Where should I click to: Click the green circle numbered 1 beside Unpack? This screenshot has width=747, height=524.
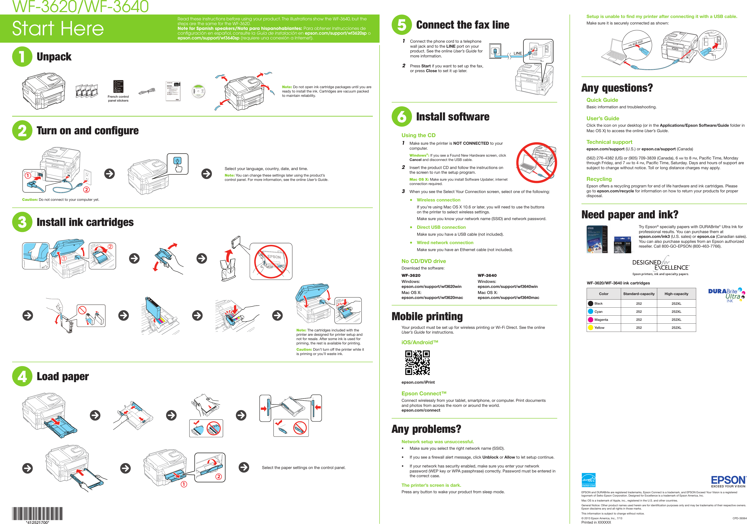[22, 57]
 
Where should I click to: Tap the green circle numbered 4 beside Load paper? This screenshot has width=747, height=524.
[22, 376]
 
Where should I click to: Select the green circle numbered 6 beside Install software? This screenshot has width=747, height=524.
[402, 117]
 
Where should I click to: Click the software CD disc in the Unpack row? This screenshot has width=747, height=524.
[198, 91]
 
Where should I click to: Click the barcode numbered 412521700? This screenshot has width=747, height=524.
[37, 514]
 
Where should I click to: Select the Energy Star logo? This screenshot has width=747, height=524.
[589, 480]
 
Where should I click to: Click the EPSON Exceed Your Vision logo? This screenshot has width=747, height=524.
[728, 481]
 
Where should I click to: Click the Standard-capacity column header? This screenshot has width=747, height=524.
[639, 294]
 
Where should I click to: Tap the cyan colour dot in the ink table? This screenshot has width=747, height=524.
[591, 311]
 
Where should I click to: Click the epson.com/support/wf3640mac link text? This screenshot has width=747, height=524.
[508, 298]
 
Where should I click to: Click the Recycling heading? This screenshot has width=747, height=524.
[599, 179]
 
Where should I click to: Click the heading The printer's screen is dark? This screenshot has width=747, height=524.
[431, 485]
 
